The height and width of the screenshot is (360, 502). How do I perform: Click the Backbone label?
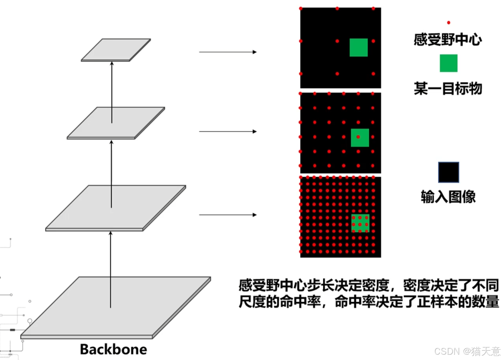[113, 349]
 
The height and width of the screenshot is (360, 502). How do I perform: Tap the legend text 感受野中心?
[448, 40]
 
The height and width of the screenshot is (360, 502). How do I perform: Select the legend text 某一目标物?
[448, 88]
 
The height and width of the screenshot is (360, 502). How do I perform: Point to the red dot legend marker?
[449, 22]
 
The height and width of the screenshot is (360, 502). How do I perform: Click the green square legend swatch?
[449, 63]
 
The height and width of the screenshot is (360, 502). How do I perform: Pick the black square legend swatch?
[449, 172]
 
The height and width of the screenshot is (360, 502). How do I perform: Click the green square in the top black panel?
[359, 47]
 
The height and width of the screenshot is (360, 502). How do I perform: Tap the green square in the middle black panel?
[360, 137]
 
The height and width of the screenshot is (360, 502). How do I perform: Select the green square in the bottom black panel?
[360, 223]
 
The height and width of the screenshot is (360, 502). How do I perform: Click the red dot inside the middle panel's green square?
[358, 137]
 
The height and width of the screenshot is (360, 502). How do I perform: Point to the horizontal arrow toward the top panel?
[228, 52]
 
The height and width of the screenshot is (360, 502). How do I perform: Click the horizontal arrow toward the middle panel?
[228, 132]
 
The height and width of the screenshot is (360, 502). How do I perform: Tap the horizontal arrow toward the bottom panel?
[228, 215]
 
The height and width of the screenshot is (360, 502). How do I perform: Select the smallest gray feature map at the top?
[116, 50]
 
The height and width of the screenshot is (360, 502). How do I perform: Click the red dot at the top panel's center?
[337, 41]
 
